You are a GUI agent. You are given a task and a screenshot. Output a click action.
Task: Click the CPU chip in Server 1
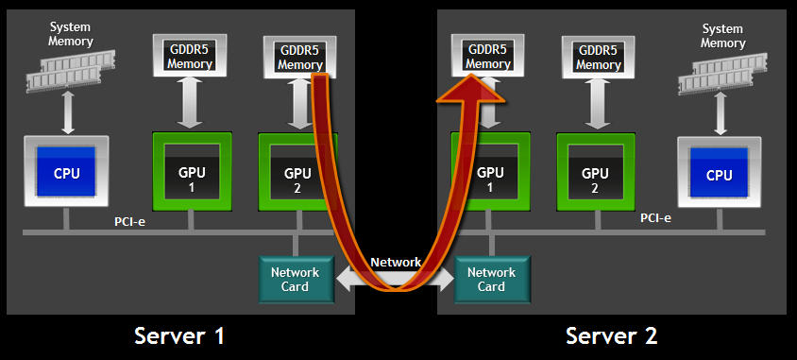pos(66,172)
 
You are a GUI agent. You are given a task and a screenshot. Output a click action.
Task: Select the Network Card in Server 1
pos(295,280)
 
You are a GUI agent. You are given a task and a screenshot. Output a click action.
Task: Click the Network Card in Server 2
pos(491,280)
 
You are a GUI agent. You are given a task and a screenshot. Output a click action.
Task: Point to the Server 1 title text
pos(179,335)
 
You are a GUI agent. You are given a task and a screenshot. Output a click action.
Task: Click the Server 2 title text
pos(611,335)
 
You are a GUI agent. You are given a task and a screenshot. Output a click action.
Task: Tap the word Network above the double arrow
pos(396,262)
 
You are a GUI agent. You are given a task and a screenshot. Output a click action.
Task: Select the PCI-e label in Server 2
pos(655,218)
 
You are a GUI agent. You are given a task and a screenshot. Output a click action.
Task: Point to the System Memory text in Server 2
pos(723,35)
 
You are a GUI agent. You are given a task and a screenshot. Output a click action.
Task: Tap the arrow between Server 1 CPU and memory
pos(67,114)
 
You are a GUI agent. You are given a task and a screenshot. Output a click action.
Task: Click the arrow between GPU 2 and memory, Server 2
pos(595,104)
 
